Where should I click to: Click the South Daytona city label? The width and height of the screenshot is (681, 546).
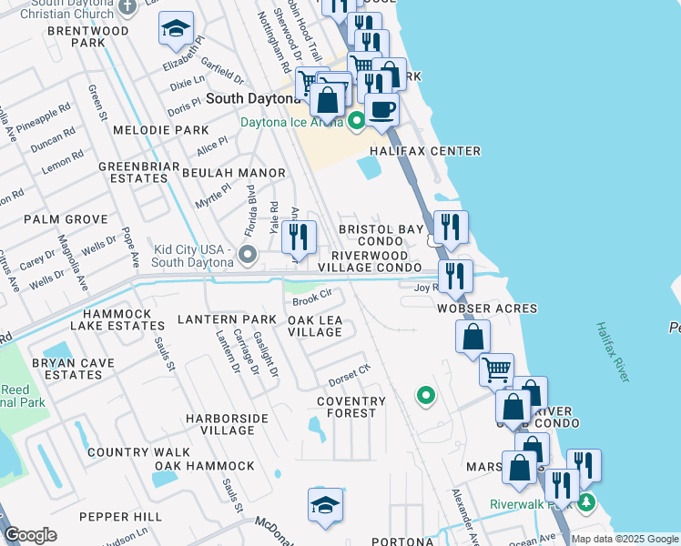251,97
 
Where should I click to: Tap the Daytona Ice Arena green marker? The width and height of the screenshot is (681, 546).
357,119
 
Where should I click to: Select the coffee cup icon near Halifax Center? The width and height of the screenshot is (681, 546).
382,110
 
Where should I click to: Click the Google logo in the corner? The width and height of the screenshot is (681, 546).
31,535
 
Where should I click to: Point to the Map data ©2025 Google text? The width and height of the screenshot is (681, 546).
624,539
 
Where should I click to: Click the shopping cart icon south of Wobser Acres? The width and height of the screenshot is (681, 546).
496,369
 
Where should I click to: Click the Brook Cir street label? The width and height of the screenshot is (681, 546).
310,298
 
